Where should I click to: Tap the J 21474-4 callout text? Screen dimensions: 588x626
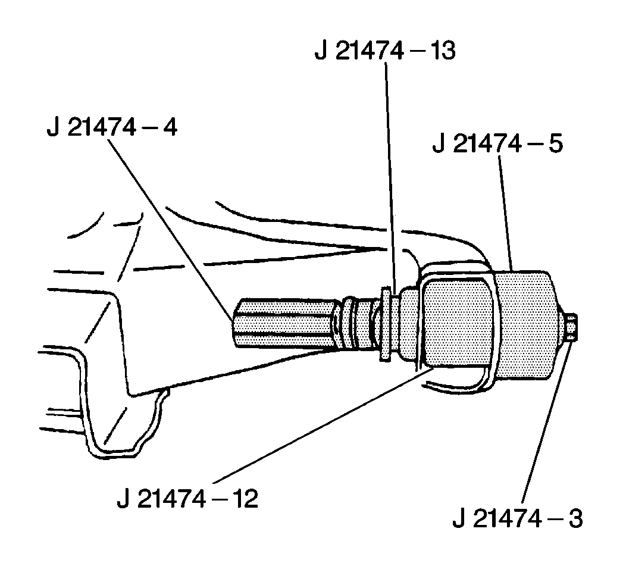(112, 127)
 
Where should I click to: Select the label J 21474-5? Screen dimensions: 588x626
(498, 145)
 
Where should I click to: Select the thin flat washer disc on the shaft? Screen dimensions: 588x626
(385, 324)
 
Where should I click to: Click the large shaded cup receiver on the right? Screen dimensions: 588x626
(527, 324)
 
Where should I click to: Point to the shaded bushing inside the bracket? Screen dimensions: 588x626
(455, 324)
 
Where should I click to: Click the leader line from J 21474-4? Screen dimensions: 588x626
(173, 226)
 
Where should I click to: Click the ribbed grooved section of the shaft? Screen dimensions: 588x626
(357, 324)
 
